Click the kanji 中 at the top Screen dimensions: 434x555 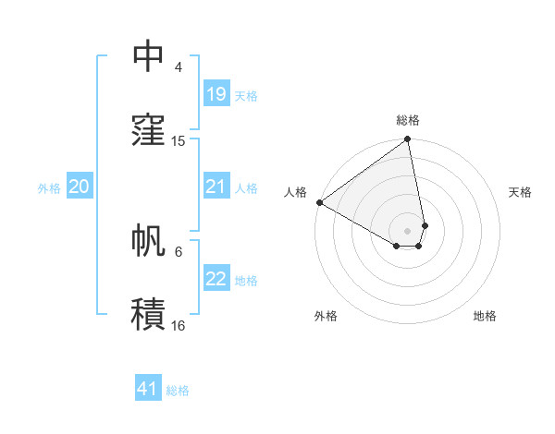pos(148,56)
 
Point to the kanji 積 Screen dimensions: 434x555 pos(148,314)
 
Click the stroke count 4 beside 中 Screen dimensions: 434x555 pos(179,67)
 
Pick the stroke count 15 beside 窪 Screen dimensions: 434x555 pos(179,141)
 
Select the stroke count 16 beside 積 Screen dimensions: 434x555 pos(179,325)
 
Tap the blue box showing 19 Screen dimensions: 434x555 pos(216,94)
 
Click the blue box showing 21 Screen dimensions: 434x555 pos(216,187)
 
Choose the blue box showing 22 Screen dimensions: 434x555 pos(216,279)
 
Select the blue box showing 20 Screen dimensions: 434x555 pos(79,187)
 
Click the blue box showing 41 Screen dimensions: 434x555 pos(148,389)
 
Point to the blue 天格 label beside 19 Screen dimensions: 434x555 pos(246,95)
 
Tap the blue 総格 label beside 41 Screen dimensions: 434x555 pos(178,391)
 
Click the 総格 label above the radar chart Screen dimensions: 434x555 pos(408,120)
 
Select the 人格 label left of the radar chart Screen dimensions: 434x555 pos(295,192)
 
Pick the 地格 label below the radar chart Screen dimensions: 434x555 pos(485,316)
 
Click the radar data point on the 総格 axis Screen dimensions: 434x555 pos(408,140)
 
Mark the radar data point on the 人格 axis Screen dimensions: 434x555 pos(319,202)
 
